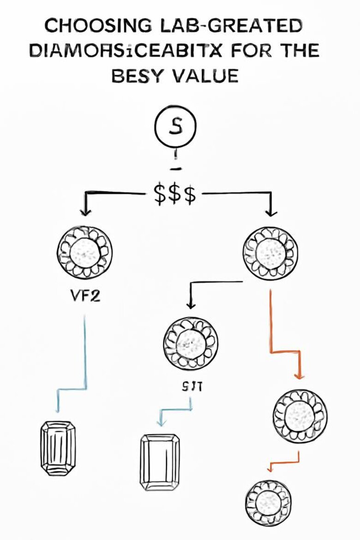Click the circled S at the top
(x=175, y=128)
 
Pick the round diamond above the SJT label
(x=191, y=342)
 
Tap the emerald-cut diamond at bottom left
(x=58, y=448)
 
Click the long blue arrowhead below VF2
(x=58, y=409)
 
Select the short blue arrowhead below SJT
(x=160, y=422)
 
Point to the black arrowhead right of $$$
(x=271, y=213)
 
